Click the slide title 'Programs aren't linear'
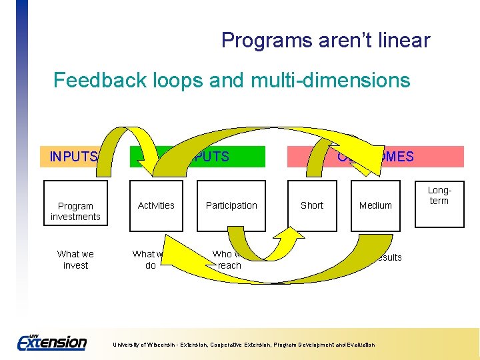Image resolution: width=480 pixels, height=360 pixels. tap(325, 41)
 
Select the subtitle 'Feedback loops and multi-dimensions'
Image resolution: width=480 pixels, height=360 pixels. tap(231, 81)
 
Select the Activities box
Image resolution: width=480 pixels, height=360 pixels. tap(156, 206)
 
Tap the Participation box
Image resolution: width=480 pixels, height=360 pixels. tap(231, 206)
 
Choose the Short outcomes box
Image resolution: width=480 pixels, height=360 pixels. tap(312, 206)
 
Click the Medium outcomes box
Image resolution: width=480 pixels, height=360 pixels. tap(375, 206)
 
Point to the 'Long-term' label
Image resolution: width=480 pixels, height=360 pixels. tap(439, 195)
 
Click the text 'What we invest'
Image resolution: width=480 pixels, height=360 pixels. tap(75, 259)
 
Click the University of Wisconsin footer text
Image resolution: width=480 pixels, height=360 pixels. tap(243, 345)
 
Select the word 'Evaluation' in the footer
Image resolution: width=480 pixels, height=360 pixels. tap(359, 345)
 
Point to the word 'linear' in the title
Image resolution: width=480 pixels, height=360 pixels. tap(403, 41)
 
